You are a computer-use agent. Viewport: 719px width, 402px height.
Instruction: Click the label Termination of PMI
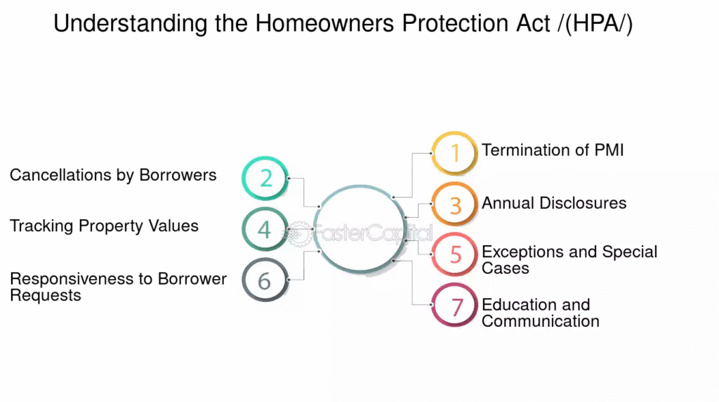click(x=553, y=150)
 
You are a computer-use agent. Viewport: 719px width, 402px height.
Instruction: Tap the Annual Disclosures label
click(x=554, y=203)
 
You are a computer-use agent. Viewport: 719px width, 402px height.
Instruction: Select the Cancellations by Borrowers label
click(x=113, y=175)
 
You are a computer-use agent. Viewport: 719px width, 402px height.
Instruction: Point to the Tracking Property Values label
click(x=104, y=226)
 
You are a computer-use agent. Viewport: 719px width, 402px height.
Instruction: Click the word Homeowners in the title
click(x=324, y=23)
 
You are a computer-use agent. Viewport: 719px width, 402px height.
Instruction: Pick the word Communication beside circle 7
click(x=541, y=321)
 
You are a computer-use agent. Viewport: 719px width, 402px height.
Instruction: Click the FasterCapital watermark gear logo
click(x=299, y=233)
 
